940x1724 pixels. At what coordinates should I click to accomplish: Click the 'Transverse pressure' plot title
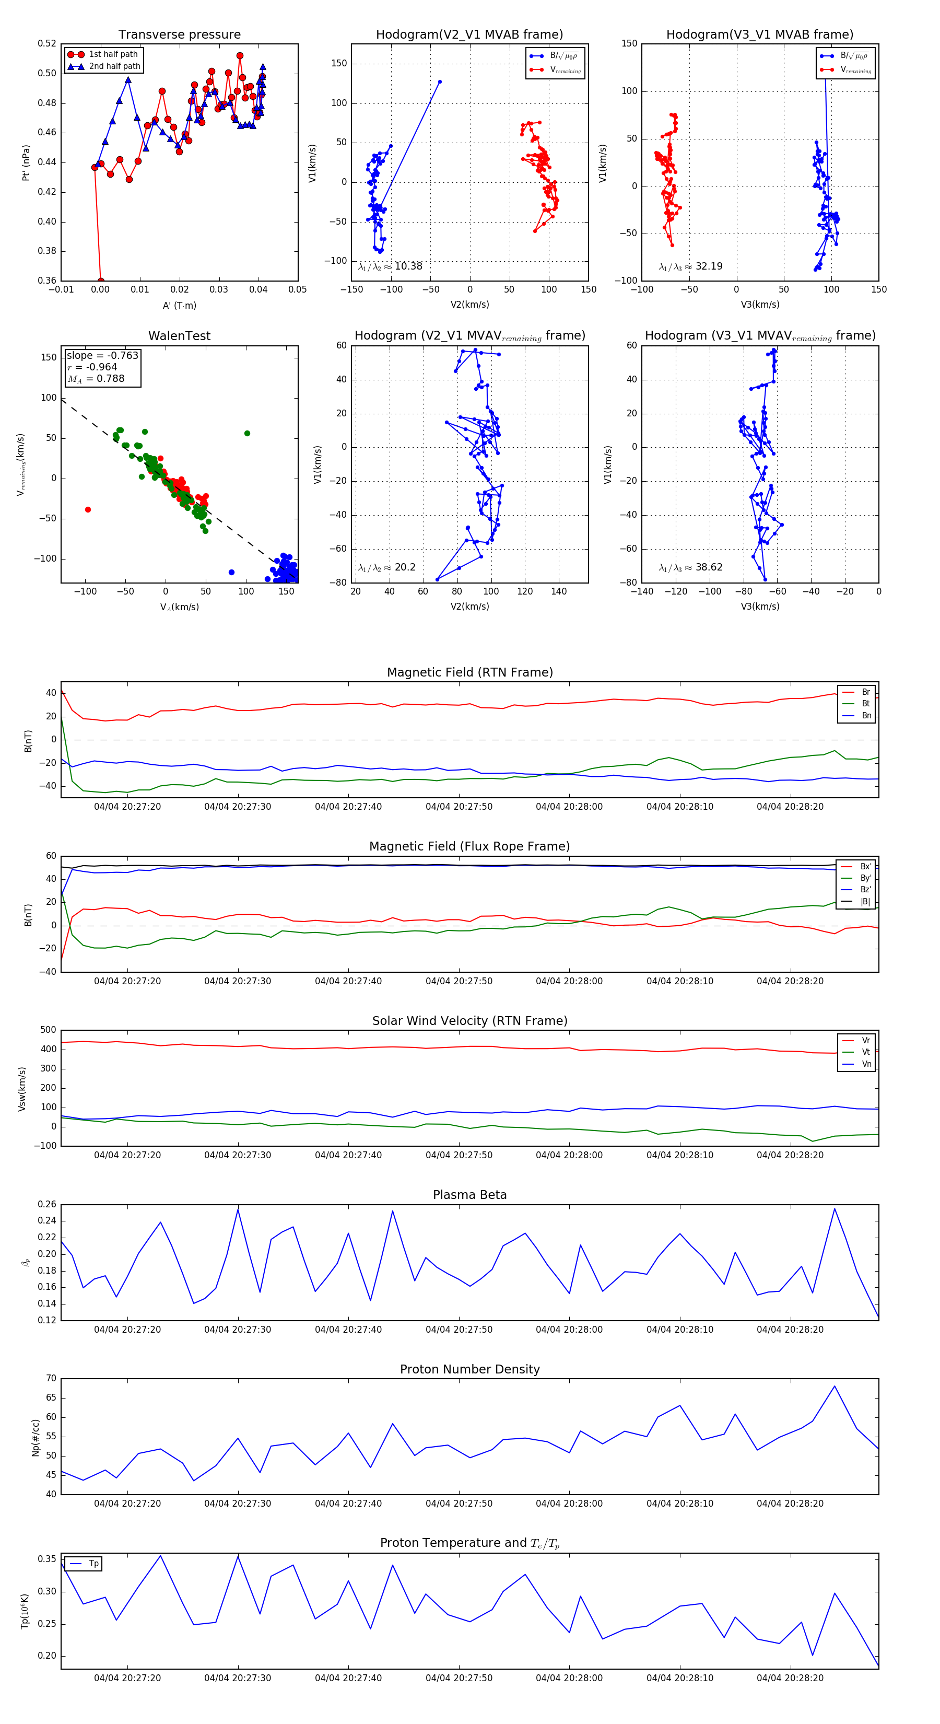[x=179, y=35]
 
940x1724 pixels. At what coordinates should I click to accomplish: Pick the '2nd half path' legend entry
[x=114, y=66]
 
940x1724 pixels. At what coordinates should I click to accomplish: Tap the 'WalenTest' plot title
[x=179, y=336]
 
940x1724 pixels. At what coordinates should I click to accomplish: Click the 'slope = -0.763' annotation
[x=102, y=355]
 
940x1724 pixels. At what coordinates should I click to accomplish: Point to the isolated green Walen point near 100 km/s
[x=247, y=434]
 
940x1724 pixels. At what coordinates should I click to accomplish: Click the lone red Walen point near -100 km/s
[x=88, y=510]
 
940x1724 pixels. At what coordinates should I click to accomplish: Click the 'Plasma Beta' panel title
[x=469, y=1195]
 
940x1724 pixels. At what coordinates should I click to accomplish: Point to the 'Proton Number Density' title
[x=469, y=1369]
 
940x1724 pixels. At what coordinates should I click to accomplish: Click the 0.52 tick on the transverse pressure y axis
[x=47, y=43]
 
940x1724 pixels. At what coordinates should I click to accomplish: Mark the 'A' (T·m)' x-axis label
[x=179, y=305]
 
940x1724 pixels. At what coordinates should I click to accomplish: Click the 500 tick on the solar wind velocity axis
[x=48, y=1030]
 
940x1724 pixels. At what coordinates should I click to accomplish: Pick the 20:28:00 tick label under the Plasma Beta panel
[x=569, y=1330]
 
